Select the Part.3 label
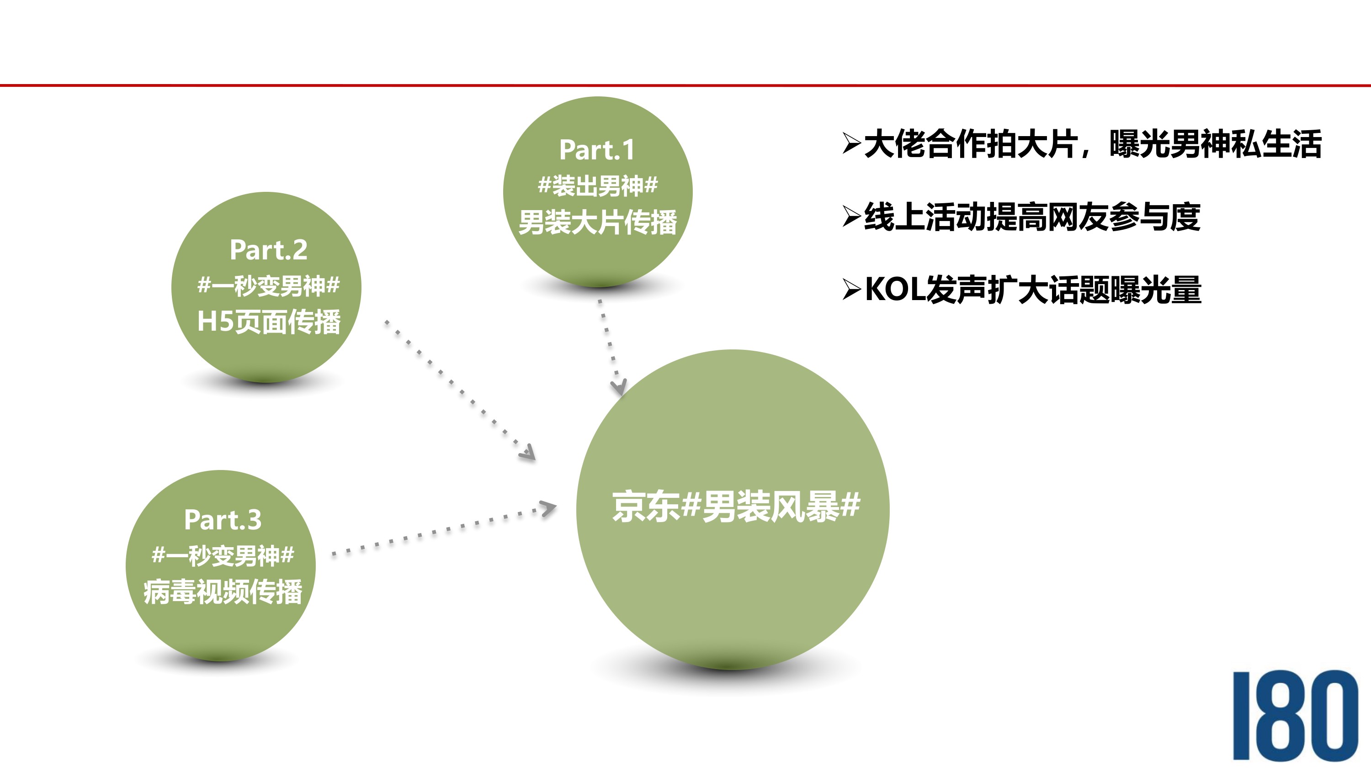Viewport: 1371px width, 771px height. [x=223, y=519]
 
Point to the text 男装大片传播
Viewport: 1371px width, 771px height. [x=597, y=222]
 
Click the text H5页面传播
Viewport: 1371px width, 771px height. [x=268, y=322]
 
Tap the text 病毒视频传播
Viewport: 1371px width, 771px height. [x=223, y=591]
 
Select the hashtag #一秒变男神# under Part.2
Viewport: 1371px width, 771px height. [x=268, y=286]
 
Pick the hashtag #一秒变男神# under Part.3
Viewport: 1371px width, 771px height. [x=223, y=555]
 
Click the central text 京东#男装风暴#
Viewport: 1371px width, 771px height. [x=735, y=506]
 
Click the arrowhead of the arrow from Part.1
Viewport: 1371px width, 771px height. [x=618, y=387]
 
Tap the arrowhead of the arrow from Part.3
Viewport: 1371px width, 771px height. [x=548, y=508]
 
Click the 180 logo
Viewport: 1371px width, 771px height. [x=1296, y=715]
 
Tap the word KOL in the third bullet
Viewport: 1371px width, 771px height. [x=895, y=290]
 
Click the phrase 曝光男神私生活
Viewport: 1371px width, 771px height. [x=1216, y=144]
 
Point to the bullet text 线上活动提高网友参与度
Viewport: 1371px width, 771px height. [x=1032, y=217]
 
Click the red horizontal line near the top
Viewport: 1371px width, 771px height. [x=685, y=85]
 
